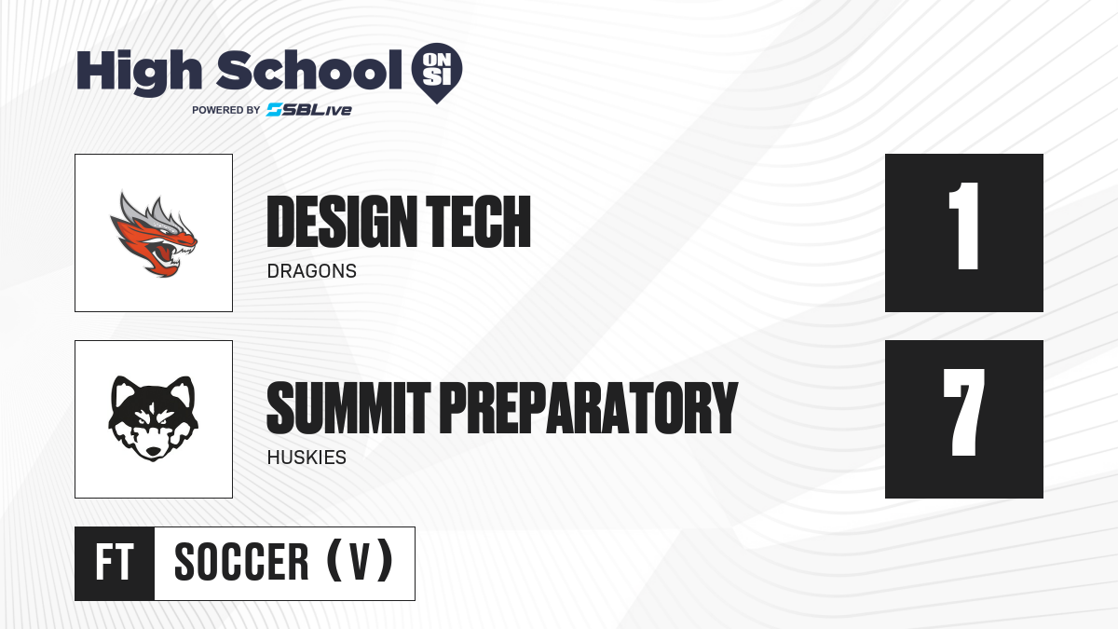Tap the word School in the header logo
pyautogui.click(x=309, y=70)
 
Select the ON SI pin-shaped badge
pyautogui.click(x=437, y=73)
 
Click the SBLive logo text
pyautogui.click(x=309, y=110)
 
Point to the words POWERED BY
pyautogui.click(x=225, y=110)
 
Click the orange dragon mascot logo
pyautogui.click(x=154, y=234)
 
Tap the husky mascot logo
pyautogui.click(x=153, y=418)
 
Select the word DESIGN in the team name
pyautogui.click(x=343, y=222)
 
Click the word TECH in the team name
pyautogui.click(x=478, y=222)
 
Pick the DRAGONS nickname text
pyautogui.click(x=312, y=271)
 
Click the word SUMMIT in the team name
pyautogui.click(x=348, y=408)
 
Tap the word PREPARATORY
pyautogui.click(x=589, y=408)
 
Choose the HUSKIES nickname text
pyautogui.click(x=307, y=458)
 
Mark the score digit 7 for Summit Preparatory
pyautogui.click(x=963, y=412)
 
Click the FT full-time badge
pyautogui.click(x=115, y=564)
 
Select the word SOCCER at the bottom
pyautogui.click(x=241, y=562)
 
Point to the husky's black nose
pyautogui.click(x=153, y=451)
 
